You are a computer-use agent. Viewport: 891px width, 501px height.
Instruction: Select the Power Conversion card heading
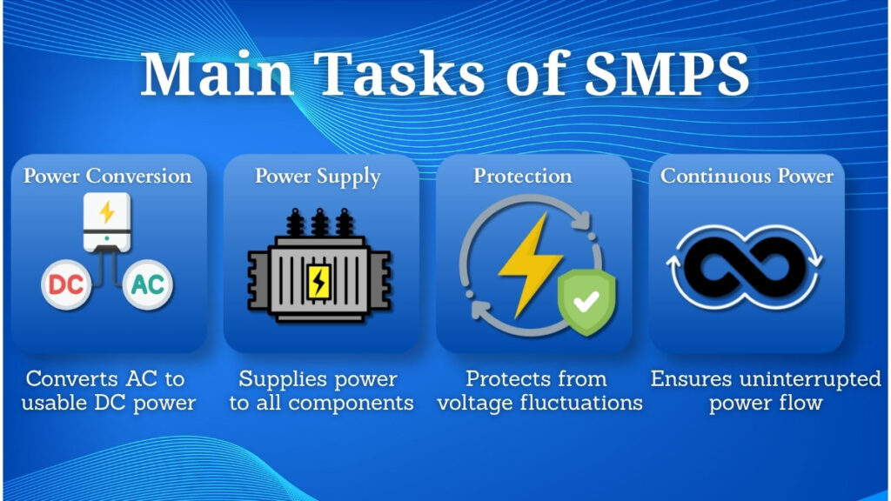coord(107,176)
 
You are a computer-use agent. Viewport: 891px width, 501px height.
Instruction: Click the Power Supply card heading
coord(318,176)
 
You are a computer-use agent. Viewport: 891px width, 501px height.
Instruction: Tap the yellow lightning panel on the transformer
coord(318,280)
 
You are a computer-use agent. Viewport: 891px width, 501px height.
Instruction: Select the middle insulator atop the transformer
coord(318,224)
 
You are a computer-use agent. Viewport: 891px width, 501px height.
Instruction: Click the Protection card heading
coord(522,176)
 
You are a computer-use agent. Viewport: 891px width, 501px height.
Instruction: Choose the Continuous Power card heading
coord(747,176)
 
